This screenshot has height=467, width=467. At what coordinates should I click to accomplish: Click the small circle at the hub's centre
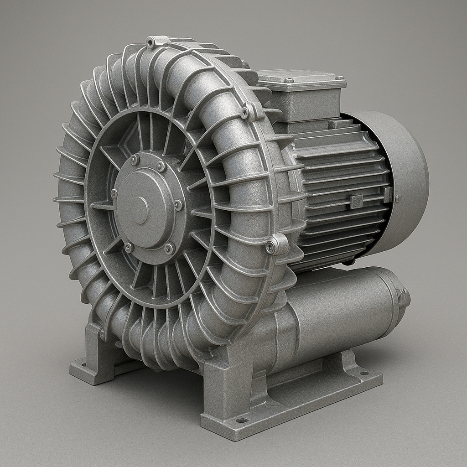click(x=140, y=210)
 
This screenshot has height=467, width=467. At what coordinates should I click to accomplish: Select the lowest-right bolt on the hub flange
click(x=169, y=248)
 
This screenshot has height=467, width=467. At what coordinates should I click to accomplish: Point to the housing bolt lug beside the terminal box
click(x=247, y=112)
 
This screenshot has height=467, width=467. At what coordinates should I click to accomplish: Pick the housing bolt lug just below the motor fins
click(x=272, y=247)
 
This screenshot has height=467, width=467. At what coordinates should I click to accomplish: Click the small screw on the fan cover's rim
click(x=398, y=198)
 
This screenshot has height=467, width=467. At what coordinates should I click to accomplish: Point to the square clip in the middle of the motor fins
click(x=356, y=201)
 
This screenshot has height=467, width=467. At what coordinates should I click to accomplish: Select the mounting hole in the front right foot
click(x=242, y=420)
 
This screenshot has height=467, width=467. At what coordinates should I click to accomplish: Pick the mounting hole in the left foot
click(x=83, y=364)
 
